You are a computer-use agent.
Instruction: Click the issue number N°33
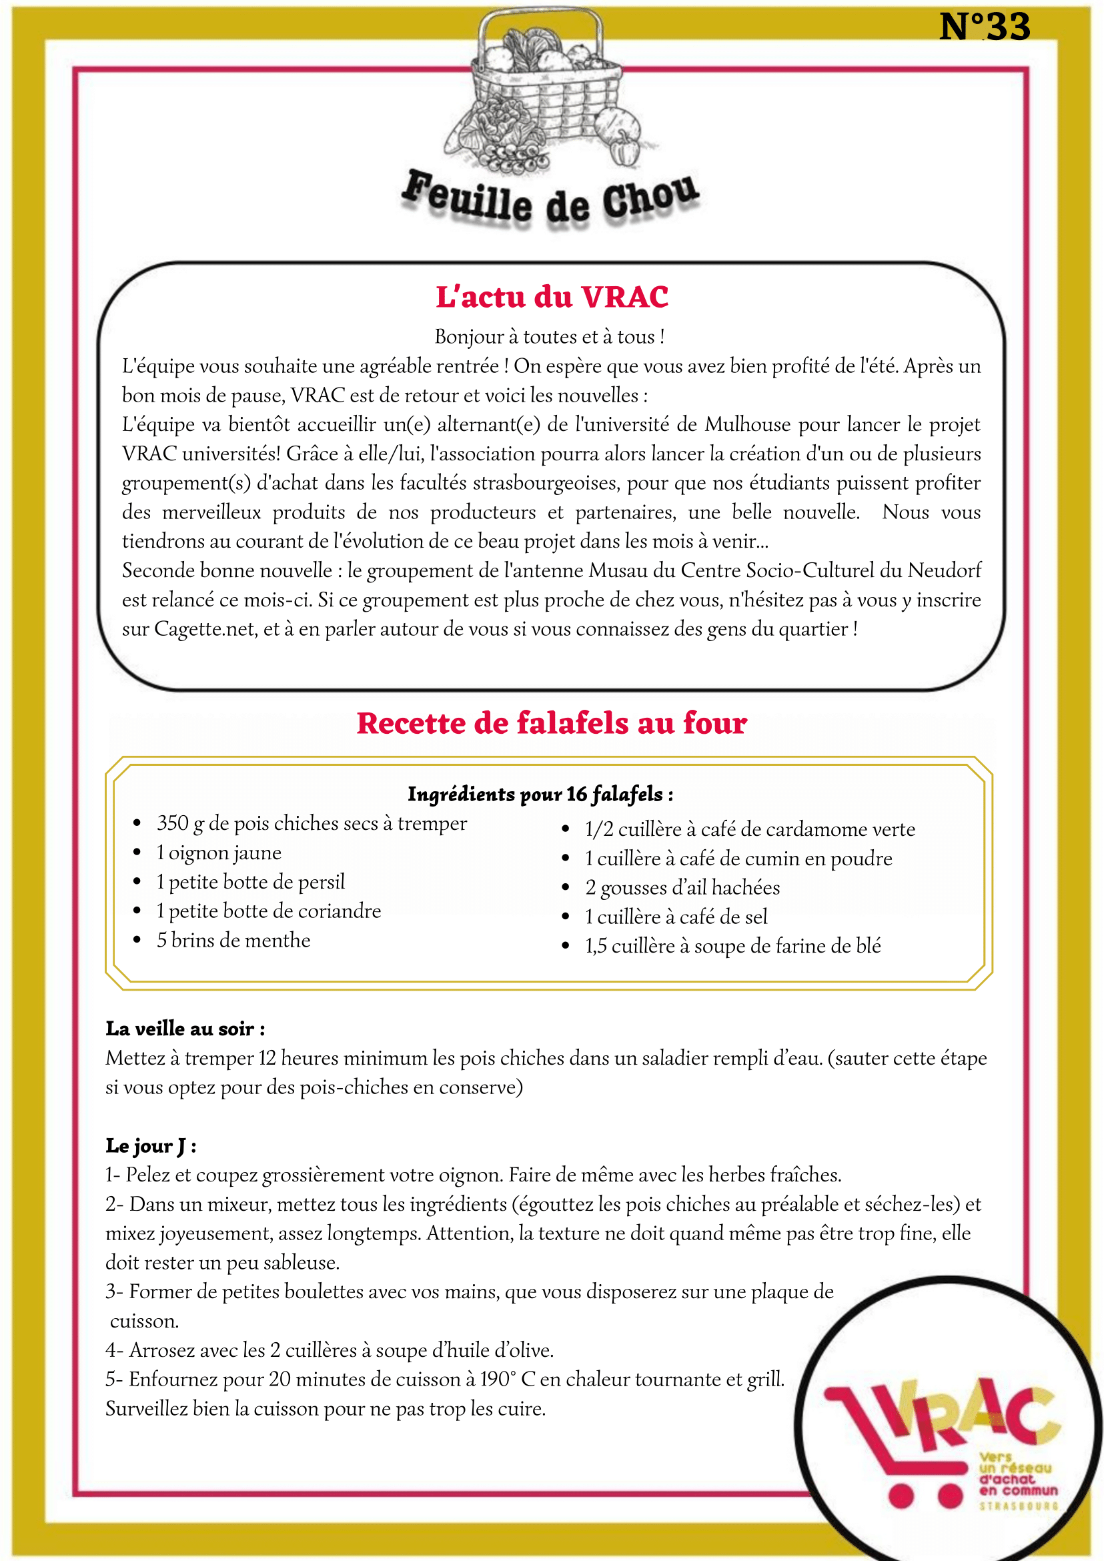[985, 27]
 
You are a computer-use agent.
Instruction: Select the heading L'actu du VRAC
[552, 297]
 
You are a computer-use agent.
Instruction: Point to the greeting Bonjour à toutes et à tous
[549, 336]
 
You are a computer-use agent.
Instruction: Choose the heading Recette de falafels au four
[552, 723]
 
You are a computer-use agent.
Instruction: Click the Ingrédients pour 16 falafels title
[540, 794]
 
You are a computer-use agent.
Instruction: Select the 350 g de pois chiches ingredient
[312, 824]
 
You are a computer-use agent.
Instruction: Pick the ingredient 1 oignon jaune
[218, 853]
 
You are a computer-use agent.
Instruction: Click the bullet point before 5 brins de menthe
[137, 941]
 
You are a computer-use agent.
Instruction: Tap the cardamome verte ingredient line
[750, 829]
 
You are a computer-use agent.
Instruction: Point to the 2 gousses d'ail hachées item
[682, 888]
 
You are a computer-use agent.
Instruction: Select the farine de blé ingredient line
[733, 947]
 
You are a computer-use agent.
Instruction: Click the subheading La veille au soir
[185, 1029]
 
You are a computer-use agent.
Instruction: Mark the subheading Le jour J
[151, 1145]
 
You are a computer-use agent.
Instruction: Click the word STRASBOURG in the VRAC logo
[1019, 1506]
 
